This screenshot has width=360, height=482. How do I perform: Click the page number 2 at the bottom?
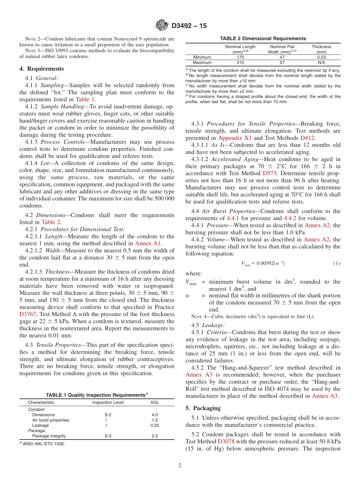[180, 465]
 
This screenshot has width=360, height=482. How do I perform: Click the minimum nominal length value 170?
[240, 57]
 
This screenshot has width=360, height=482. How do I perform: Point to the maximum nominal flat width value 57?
[282, 63]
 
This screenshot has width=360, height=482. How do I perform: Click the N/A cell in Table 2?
[321, 63]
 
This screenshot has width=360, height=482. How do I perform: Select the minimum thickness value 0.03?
[321, 57]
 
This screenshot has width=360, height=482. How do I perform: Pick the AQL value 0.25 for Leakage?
[155, 425]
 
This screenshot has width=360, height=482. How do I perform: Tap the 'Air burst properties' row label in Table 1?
[50, 420]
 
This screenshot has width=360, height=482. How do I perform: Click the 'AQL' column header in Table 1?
[155, 402]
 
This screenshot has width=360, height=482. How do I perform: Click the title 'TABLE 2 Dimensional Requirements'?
[263, 38]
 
